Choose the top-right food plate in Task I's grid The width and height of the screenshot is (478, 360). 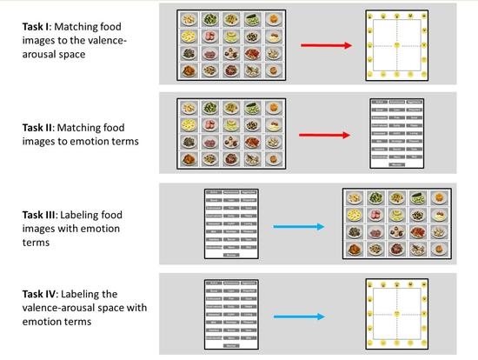pos(274,18)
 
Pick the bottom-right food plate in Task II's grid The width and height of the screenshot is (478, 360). pos(274,159)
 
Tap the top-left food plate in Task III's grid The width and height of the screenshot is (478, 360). pos(355,197)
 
